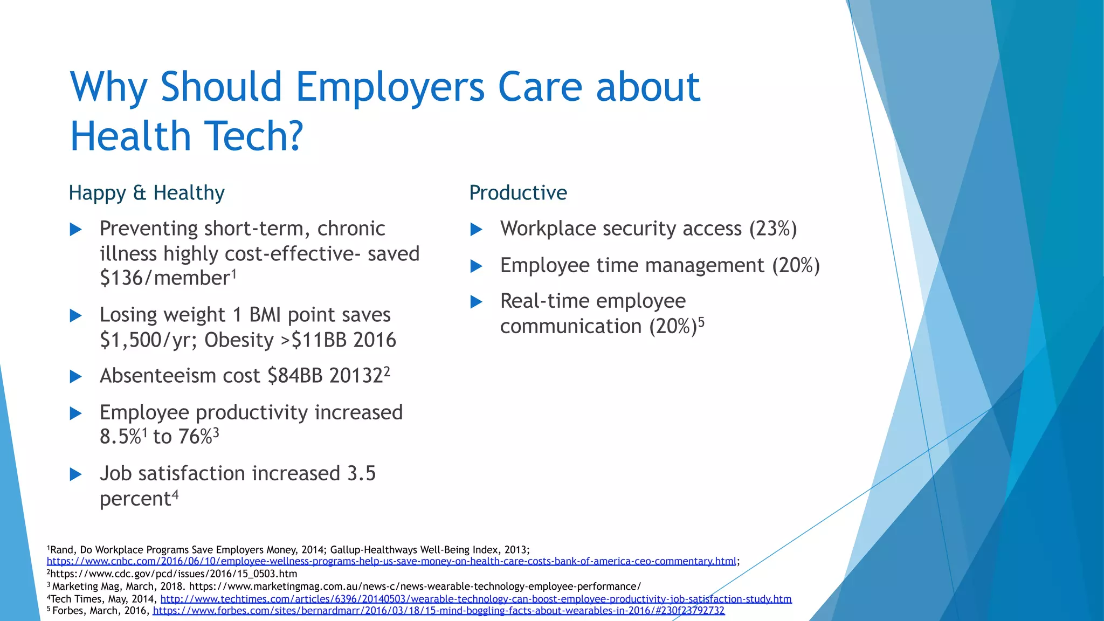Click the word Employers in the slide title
390,87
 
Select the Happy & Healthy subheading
147,193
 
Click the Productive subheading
518,193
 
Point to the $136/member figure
165,278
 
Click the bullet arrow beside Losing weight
76,316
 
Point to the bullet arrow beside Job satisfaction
76,474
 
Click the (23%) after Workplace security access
772,229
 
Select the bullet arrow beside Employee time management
477,266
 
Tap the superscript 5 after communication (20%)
701,322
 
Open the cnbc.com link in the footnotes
391,561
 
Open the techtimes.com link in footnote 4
476,599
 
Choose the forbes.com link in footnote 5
439,611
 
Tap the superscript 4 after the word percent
175,494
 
